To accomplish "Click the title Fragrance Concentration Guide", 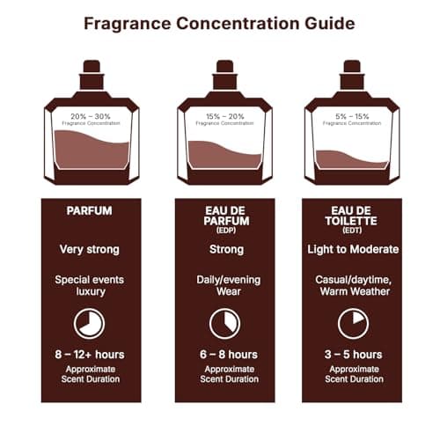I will (x=220, y=23).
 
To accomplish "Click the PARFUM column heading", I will (x=89, y=211).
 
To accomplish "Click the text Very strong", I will (x=89, y=249).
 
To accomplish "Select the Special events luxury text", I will (x=89, y=285).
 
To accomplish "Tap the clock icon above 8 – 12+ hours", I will (x=89, y=323).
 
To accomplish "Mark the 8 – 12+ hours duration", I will (x=89, y=355).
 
